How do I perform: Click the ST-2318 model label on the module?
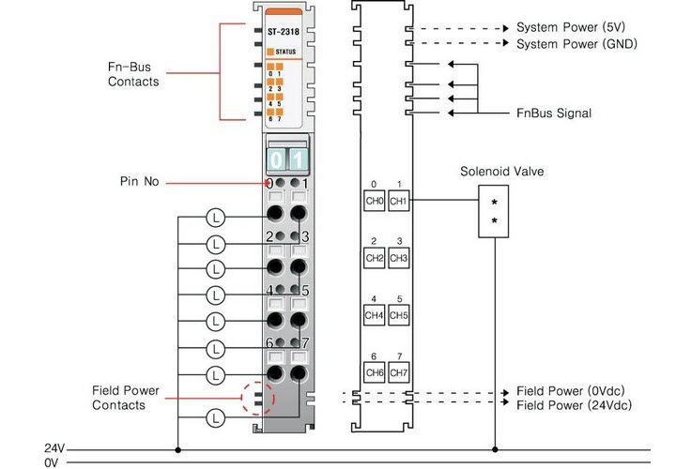284,32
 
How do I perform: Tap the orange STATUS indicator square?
270,52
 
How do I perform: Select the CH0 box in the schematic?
375,201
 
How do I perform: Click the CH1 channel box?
398,201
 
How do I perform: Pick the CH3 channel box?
398,258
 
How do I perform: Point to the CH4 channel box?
375,315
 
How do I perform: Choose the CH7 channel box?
398,372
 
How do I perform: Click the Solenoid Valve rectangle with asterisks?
494,211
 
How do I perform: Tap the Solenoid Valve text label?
501,172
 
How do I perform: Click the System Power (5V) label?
571,27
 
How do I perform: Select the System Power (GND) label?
576,44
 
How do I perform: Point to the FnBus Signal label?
554,113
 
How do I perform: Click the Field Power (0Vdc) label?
571,391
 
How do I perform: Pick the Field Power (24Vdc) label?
575,405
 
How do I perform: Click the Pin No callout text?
139,181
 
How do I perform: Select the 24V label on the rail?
54,448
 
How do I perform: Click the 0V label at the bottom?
51,463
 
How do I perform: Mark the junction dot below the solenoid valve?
495,449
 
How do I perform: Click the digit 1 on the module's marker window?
298,159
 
